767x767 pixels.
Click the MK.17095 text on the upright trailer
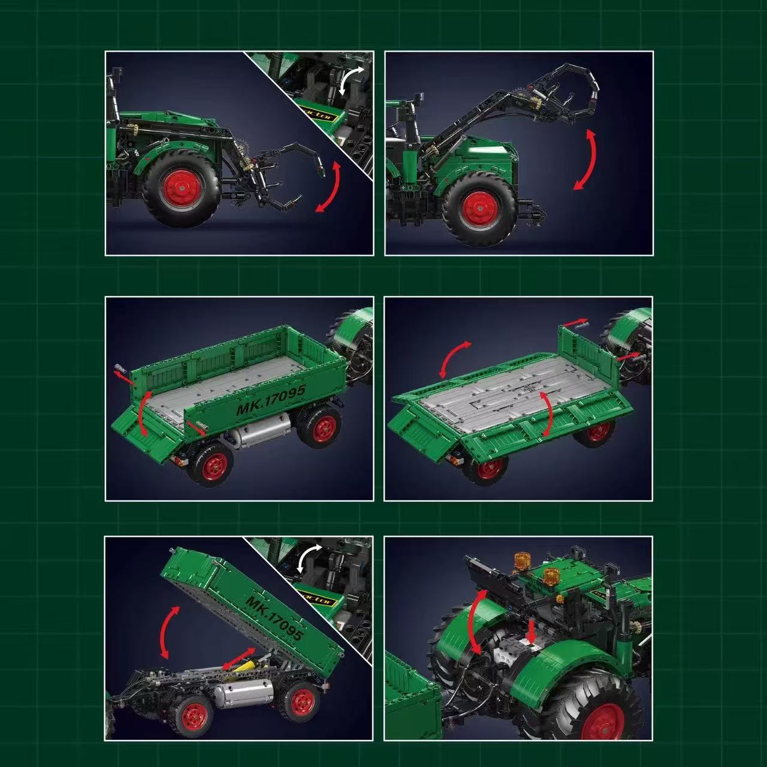click(x=271, y=400)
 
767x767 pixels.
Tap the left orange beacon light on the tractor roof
click(x=523, y=561)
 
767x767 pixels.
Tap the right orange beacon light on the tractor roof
click(x=549, y=576)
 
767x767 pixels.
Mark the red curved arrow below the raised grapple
click(x=585, y=159)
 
